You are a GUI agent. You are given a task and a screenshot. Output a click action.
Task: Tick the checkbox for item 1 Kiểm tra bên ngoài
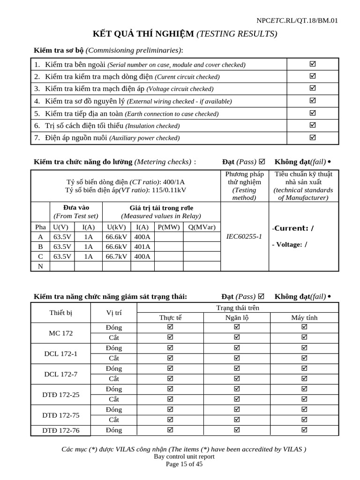(x=313, y=64)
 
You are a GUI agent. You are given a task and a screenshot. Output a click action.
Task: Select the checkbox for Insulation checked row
(x=313, y=125)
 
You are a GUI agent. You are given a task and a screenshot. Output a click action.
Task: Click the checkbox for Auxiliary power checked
(x=313, y=137)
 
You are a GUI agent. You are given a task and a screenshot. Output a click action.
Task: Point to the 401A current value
(x=142, y=247)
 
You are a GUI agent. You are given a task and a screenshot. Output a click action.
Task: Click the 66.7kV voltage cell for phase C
(x=116, y=256)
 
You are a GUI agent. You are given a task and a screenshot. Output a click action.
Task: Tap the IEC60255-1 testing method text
(x=244, y=237)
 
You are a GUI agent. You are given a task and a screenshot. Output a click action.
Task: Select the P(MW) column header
(x=169, y=227)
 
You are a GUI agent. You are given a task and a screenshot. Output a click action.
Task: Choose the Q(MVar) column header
(x=202, y=227)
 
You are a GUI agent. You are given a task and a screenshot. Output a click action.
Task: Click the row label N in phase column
(x=40, y=266)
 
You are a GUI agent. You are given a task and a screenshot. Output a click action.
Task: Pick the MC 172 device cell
(x=60, y=333)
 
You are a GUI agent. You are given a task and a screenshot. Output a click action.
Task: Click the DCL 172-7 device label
(x=60, y=374)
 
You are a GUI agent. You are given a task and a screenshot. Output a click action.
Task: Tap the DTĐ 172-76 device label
(x=60, y=430)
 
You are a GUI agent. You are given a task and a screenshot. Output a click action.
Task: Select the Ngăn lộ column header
(x=237, y=317)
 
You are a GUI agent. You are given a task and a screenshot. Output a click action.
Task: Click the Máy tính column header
(x=304, y=317)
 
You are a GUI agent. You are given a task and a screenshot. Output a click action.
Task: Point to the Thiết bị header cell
(x=60, y=313)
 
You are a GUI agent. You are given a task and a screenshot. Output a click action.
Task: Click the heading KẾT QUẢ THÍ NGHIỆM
(x=144, y=34)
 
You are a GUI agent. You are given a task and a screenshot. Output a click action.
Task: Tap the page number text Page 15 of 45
(x=184, y=465)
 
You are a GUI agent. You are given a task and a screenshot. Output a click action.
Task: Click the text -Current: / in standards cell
(x=293, y=228)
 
